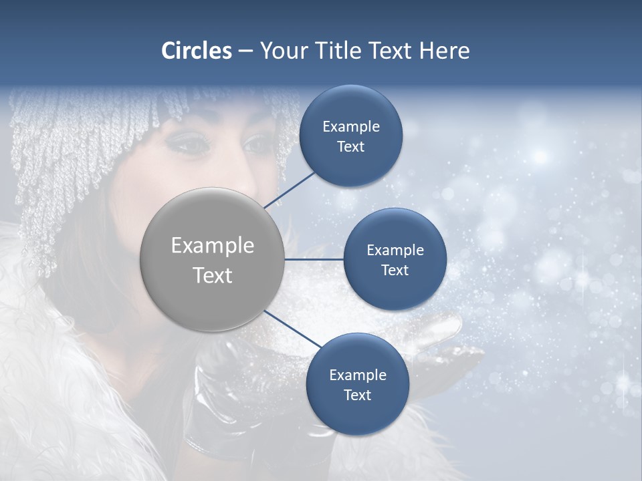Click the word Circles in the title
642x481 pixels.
[196, 51]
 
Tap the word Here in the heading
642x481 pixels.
[444, 51]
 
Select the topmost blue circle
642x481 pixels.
[350, 136]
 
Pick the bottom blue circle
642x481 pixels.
[357, 384]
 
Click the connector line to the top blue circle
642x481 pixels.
[291, 188]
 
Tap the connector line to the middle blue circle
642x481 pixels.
[314, 259]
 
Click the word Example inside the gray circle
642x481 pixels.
[213, 246]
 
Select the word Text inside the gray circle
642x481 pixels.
[213, 275]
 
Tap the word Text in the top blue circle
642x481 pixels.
[350, 147]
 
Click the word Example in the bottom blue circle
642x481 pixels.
[357, 375]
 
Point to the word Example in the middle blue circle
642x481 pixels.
[395, 251]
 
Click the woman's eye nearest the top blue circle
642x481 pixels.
[256, 142]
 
